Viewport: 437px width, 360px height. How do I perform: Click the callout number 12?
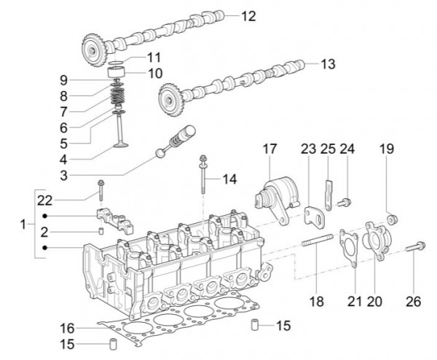[248, 15]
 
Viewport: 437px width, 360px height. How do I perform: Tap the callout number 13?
[328, 64]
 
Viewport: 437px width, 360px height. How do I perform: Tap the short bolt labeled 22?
[101, 190]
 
